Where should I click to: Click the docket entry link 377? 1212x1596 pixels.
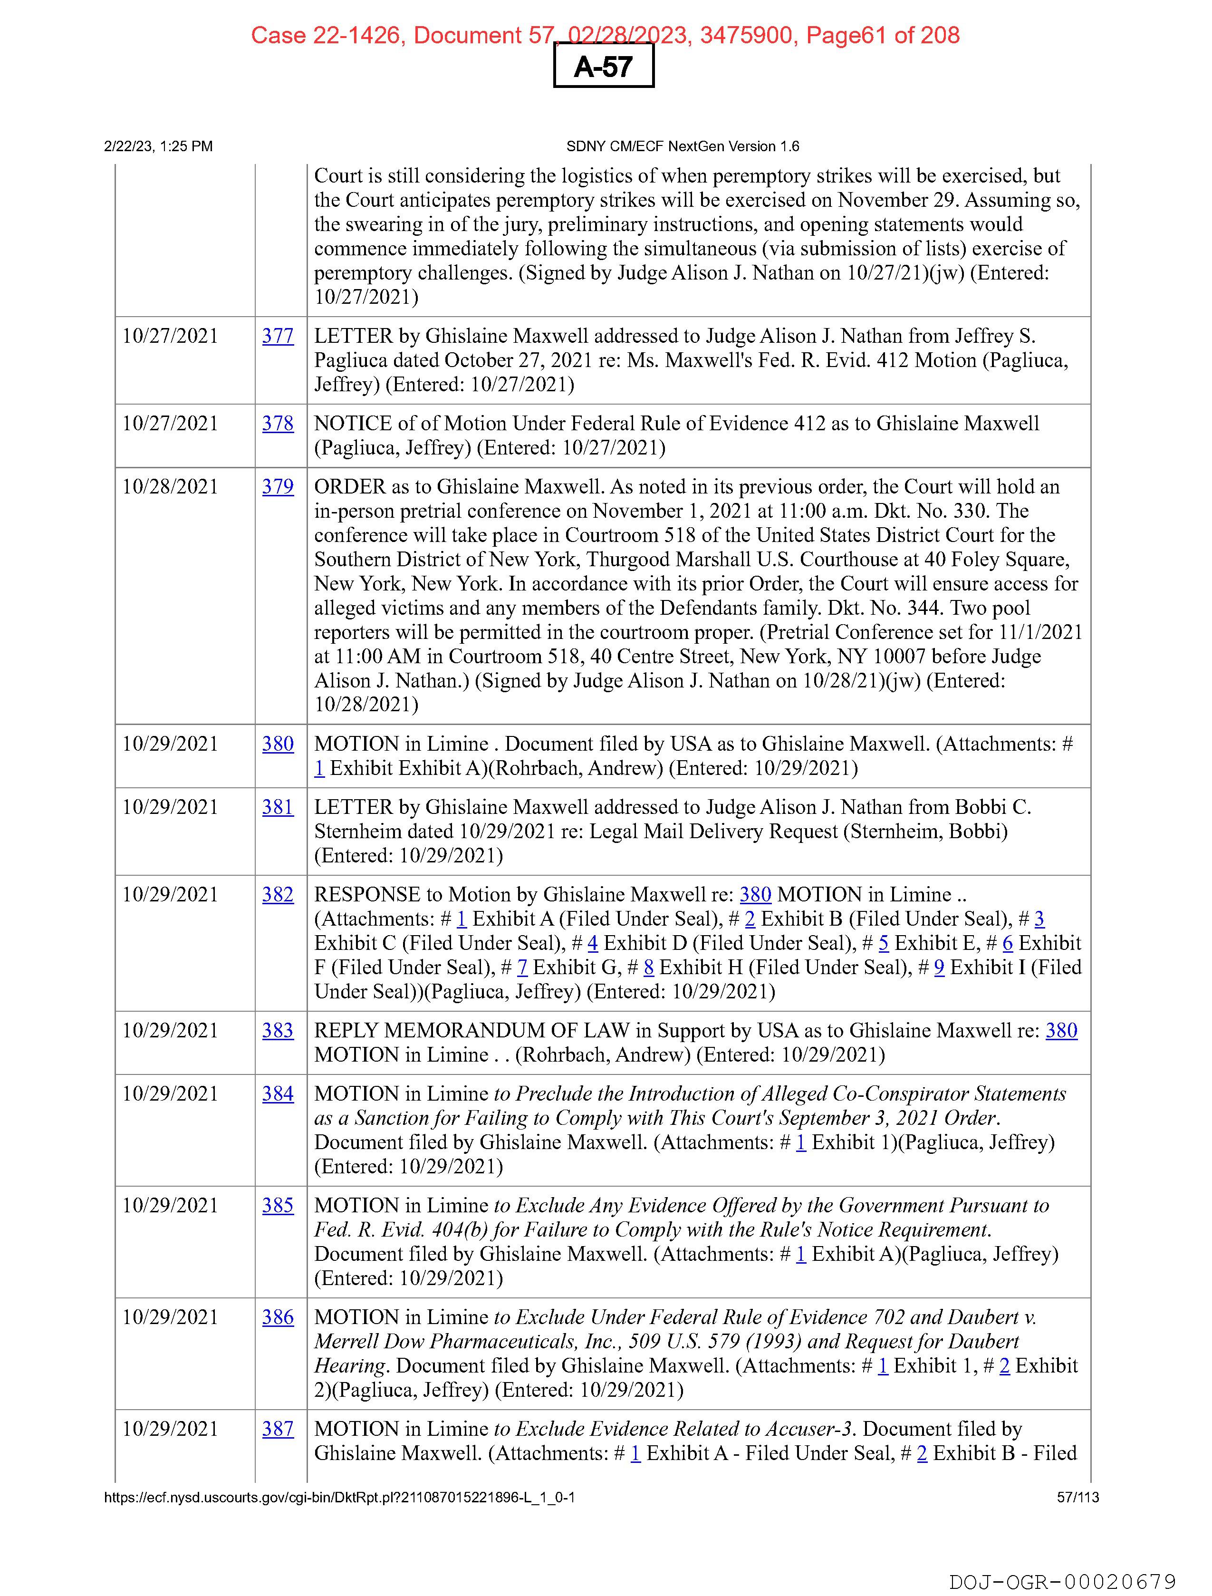(278, 336)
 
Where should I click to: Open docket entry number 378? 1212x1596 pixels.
(278, 424)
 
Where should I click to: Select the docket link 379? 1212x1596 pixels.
(278, 487)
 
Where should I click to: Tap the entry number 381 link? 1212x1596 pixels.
(278, 807)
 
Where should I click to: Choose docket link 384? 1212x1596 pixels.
(278, 1094)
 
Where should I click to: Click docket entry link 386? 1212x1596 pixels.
(278, 1317)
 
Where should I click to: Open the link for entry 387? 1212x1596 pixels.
(278, 1429)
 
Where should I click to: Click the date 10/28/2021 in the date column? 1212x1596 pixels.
(170, 487)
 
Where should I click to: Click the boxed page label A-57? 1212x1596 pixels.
(603, 67)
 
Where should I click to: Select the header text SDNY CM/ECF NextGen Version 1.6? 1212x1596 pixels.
(683, 146)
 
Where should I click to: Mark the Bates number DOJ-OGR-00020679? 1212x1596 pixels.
(1062, 1582)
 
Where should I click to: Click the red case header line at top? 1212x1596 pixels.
(605, 35)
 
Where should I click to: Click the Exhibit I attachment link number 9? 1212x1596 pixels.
(939, 967)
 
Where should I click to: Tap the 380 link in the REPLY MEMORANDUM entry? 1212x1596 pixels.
(1061, 1030)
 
